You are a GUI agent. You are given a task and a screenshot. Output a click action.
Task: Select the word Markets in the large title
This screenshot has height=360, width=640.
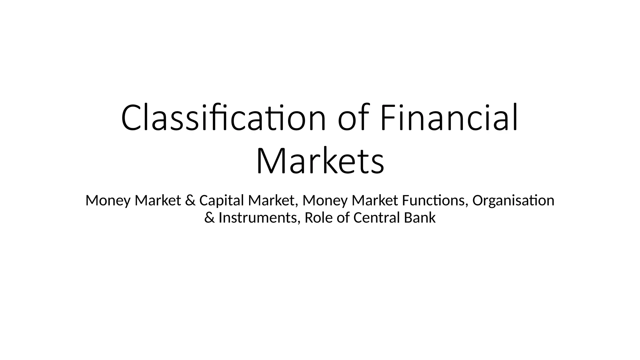(320, 161)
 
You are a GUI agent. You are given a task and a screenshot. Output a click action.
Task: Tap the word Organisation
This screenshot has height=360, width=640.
(513, 200)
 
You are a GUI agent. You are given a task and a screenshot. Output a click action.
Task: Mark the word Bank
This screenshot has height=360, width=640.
(419, 217)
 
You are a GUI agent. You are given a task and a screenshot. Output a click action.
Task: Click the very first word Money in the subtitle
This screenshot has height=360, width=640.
(107, 201)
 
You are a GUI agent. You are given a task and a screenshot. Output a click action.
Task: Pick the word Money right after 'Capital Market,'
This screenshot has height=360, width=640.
(325, 201)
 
